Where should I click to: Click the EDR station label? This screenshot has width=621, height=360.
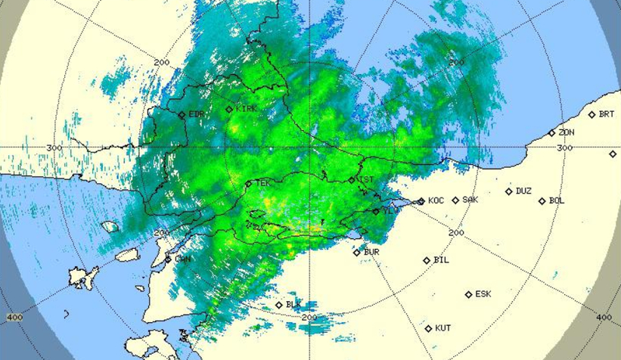click(x=196, y=114)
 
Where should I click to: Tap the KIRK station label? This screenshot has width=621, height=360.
click(x=247, y=109)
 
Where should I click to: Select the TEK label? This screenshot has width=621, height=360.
click(x=262, y=183)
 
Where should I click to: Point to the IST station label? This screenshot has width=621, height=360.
click(x=366, y=179)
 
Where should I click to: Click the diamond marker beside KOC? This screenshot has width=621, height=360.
click(x=421, y=201)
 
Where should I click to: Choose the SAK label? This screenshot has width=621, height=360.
click(x=470, y=200)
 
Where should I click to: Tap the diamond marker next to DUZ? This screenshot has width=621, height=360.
click(x=509, y=192)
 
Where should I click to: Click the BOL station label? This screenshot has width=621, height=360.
click(x=557, y=200)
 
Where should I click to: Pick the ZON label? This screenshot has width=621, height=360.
click(x=567, y=132)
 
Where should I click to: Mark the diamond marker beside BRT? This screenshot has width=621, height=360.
click(x=592, y=115)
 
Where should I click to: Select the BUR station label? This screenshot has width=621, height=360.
click(x=371, y=252)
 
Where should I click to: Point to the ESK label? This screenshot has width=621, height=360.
click(x=483, y=293)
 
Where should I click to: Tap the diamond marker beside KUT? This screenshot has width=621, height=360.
click(x=429, y=328)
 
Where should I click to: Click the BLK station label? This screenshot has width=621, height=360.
click(x=293, y=305)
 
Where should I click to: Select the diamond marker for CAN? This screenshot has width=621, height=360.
click(x=168, y=259)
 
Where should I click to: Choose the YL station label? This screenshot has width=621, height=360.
click(x=388, y=212)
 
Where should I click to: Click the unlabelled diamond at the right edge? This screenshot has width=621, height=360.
click(x=613, y=154)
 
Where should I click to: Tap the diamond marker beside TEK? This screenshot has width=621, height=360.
click(x=248, y=184)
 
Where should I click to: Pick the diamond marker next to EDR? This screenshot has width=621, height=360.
click(x=182, y=115)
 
